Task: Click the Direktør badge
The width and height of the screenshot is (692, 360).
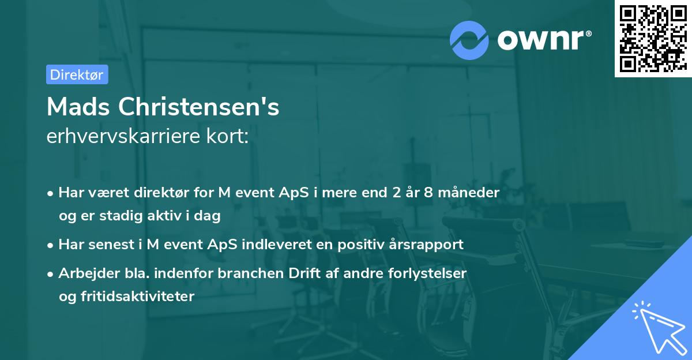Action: point(77,74)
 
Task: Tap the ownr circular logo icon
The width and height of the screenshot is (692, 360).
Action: point(469,39)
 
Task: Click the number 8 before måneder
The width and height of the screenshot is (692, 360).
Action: point(428,192)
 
